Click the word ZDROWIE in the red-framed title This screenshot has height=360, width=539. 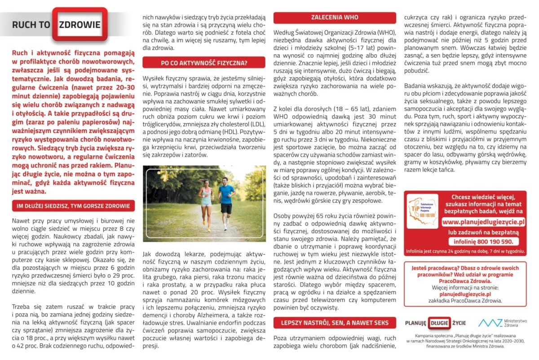coord(80,24)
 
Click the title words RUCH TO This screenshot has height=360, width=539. coord(31,25)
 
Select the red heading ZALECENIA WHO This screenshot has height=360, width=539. coord(335,18)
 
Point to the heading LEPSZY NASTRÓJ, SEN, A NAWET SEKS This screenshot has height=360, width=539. coord(335,323)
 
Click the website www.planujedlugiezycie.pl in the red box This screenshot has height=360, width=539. coord(483,222)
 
